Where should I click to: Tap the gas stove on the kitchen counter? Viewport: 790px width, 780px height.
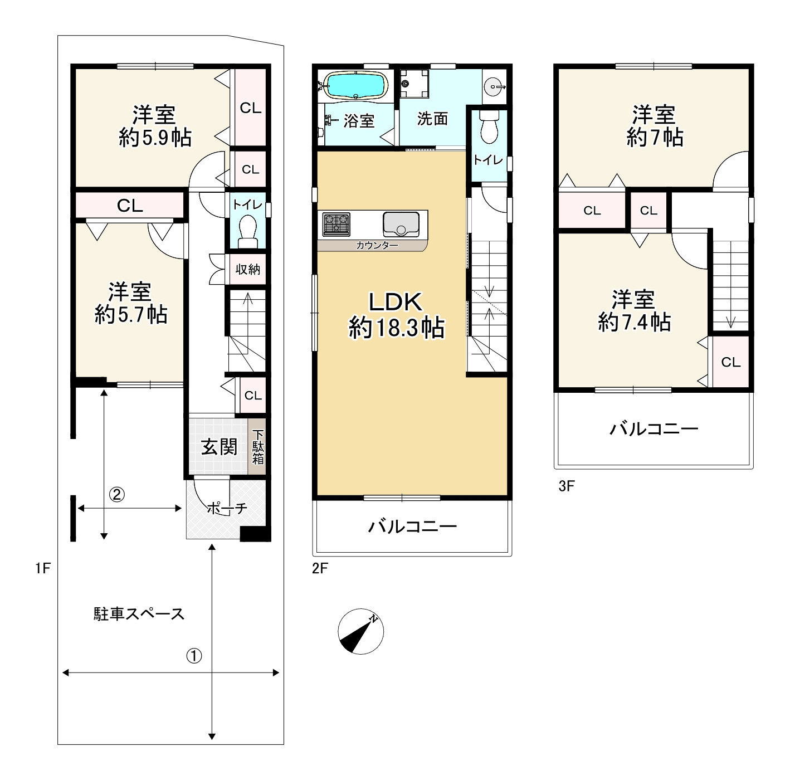tap(336, 225)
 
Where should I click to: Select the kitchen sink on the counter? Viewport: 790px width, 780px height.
tap(401, 224)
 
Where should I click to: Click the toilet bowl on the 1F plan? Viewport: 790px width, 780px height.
tap(247, 231)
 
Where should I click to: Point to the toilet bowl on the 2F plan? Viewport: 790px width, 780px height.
tap(489, 126)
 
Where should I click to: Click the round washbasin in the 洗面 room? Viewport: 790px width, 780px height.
tap(494, 87)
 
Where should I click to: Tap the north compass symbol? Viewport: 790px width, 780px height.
tap(361, 631)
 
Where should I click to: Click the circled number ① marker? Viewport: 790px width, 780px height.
tap(194, 655)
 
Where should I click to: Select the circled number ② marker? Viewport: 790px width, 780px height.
tap(116, 495)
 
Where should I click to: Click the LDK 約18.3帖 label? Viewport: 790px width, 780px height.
tap(396, 315)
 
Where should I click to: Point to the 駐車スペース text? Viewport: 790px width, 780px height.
tap(139, 614)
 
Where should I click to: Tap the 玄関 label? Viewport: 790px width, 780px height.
tap(220, 447)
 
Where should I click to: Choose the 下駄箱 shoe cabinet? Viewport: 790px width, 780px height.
tap(257, 447)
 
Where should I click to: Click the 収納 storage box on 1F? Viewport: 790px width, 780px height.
tap(247, 269)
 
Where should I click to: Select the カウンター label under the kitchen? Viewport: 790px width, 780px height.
tap(377, 245)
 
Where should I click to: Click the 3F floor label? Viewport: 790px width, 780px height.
tap(567, 486)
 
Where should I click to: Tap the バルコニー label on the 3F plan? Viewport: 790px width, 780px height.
tap(654, 430)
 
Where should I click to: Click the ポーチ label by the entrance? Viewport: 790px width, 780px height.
tap(227, 509)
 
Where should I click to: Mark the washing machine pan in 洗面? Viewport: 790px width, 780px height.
tap(415, 84)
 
